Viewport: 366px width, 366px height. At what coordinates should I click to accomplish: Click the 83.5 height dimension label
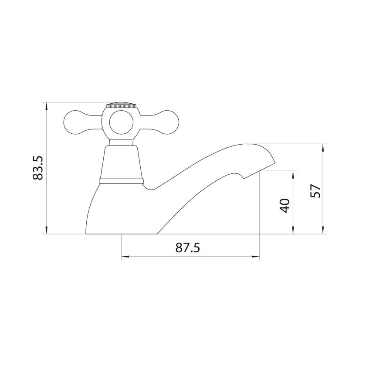click(39, 168)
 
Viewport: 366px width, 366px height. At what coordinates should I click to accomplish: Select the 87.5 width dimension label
click(187, 247)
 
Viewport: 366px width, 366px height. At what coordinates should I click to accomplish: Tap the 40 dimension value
click(285, 205)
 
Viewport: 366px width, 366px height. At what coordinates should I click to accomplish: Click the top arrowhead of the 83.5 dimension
click(47, 105)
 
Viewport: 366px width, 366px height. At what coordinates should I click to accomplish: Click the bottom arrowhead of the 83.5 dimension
click(47, 231)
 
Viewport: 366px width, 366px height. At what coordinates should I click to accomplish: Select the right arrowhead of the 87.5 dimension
click(257, 257)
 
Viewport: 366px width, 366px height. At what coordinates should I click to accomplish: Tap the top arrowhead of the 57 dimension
click(323, 147)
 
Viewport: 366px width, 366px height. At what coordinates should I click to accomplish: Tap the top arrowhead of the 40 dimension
click(293, 173)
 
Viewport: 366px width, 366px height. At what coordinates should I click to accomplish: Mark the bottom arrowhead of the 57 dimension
click(323, 231)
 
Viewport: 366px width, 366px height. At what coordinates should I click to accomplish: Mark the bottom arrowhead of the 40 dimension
click(293, 231)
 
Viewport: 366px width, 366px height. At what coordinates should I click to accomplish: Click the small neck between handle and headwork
click(121, 141)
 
